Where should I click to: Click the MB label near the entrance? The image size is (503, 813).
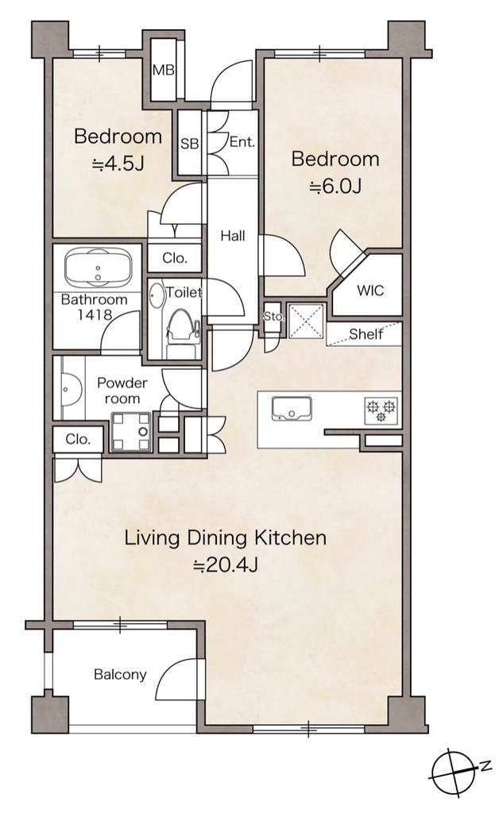point(164,71)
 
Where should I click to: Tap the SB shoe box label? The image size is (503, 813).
point(189,144)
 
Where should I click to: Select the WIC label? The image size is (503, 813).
point(370,290)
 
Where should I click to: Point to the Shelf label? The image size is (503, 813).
point(366,334)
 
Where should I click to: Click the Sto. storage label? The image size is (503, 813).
point(273,316)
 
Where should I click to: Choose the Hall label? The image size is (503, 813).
point(233,236)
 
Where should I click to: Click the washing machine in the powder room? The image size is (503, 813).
point(130,431)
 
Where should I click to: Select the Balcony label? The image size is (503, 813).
point(120,675)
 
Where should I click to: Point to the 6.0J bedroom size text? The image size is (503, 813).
point(335,186)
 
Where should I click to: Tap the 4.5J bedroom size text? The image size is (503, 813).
point(118,164)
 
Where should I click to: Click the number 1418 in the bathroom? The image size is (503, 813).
point(95,314)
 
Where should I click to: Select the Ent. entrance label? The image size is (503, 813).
point(242,141)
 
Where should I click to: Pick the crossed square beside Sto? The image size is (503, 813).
point(306,322)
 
